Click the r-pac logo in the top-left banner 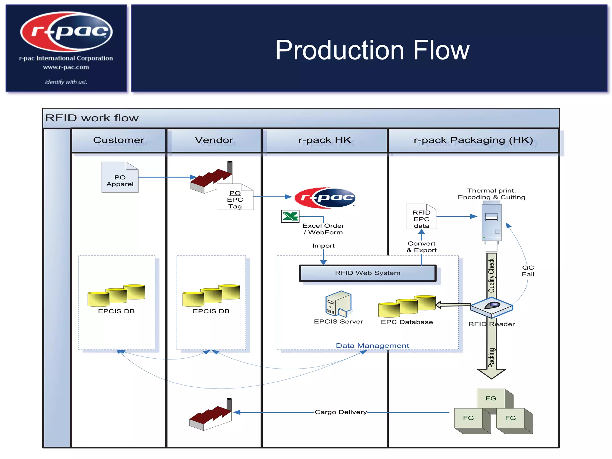(66, 31)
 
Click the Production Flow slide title (372, 50)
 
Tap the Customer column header (119, 140)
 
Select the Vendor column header (214, 140)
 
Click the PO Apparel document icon (120, 178)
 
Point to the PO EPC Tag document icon (235, 197)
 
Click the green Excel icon (290, 216)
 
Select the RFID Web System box (368, 273)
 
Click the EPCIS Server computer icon (339, 304)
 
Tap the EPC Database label (407, 322)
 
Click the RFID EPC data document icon (421, 217)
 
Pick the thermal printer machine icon (492, 223)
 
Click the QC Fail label (528, 271)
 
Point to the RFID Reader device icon (492, 307)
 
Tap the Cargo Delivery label (341, 412)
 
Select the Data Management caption (372, 346)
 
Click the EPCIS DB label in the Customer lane (116, 311)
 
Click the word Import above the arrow (323, 246)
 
